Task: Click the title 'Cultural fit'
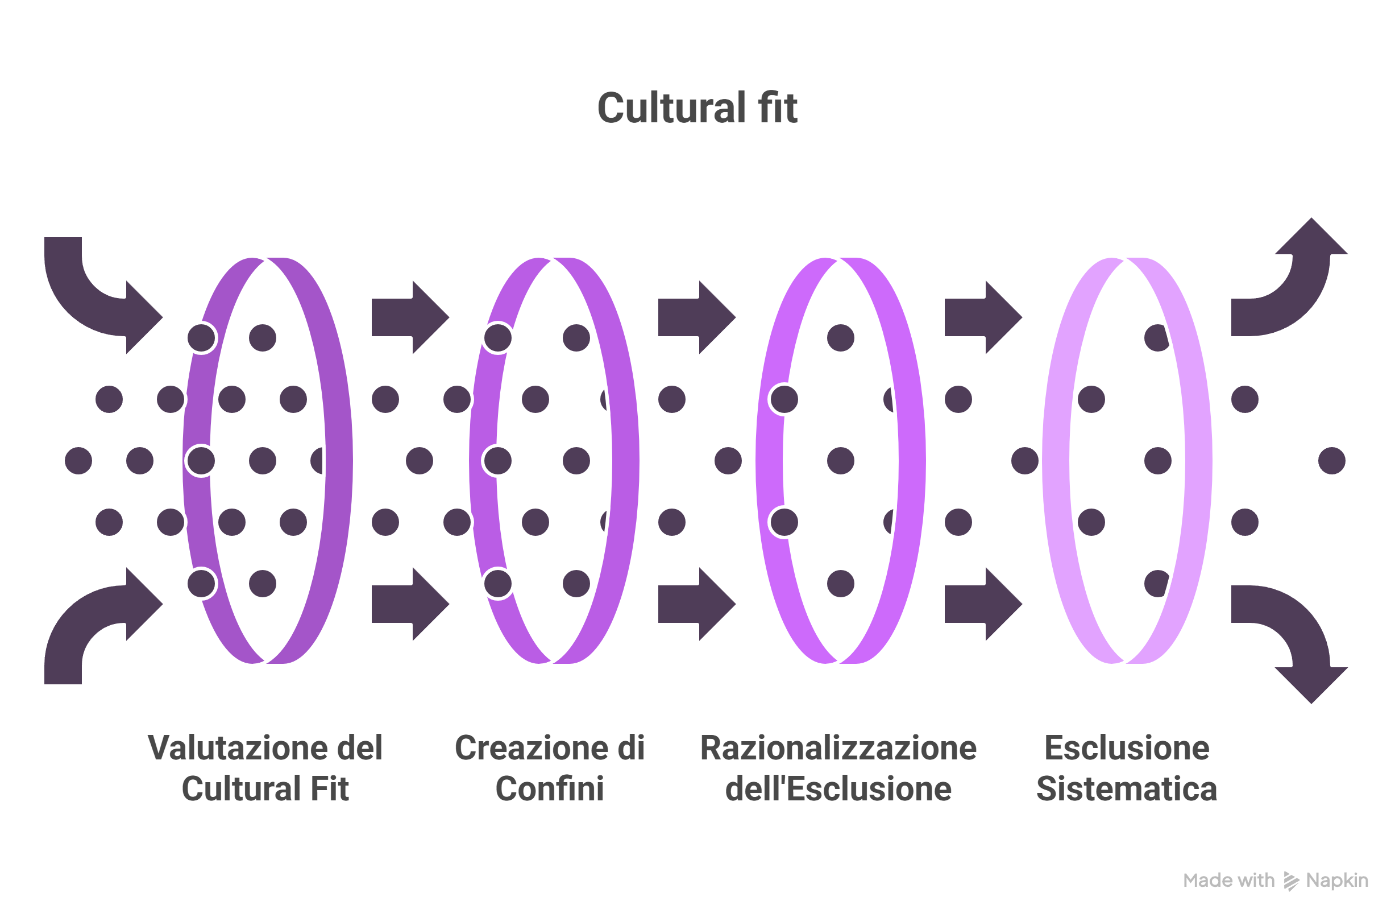tap(697, 109)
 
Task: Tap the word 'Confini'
tap(549, 788)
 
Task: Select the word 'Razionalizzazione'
tap(838, 748)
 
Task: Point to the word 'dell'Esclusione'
tap(838, 788)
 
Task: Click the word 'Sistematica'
tap(1127, 788)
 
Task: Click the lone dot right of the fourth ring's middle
tap(1332, 461)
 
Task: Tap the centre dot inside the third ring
tap(841, 461)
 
